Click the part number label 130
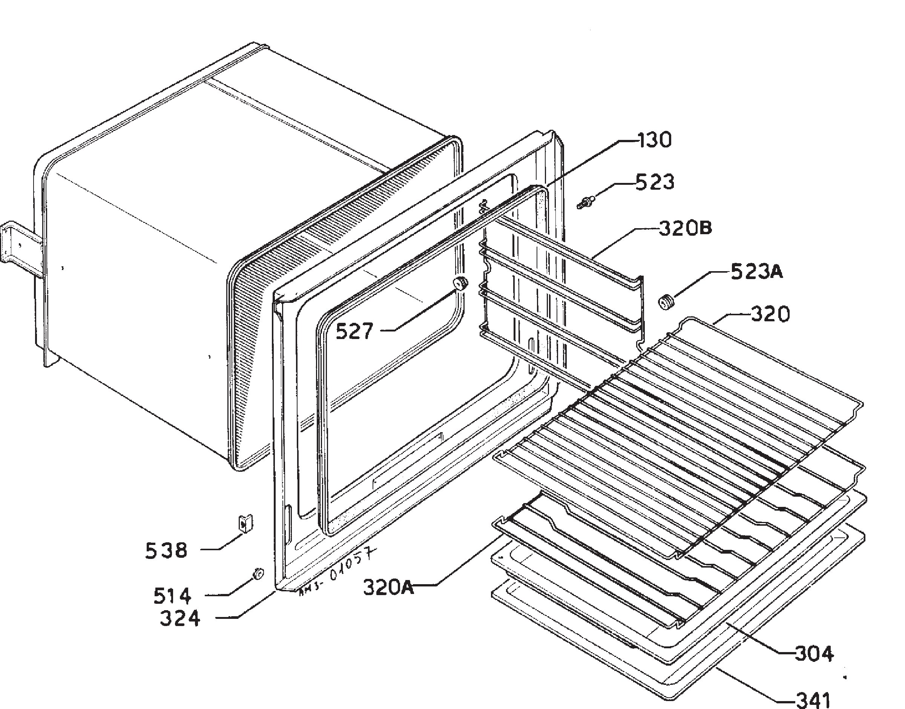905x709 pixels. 654,140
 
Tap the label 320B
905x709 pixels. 686,228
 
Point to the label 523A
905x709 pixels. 756,272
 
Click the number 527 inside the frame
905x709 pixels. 354,331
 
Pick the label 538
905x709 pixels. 166,551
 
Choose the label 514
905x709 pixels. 172,596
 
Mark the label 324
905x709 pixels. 180,618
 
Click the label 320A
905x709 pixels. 389,587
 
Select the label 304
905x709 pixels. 814,654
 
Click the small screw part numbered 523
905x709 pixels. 586,203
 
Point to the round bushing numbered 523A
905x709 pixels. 666,301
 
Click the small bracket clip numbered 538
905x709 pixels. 245,523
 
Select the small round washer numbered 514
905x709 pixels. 258,574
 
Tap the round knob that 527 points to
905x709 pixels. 460,283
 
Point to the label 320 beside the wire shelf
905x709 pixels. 770,315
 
